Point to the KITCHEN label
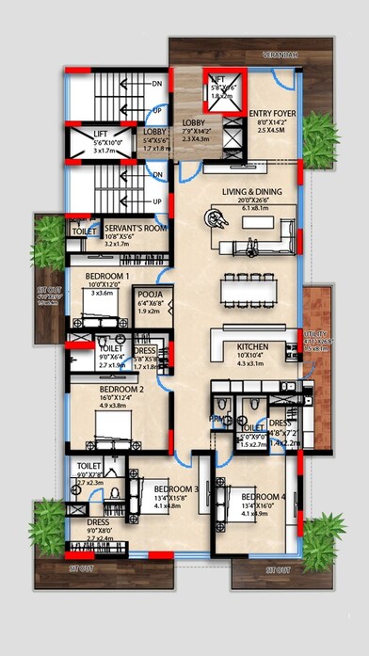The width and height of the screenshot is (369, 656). (253, 347)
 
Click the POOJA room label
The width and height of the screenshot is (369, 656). (149, 295)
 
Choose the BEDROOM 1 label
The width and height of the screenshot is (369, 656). (107, 276)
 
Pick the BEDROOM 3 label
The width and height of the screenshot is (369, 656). (176, 489)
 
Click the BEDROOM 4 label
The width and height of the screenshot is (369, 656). (263, 497)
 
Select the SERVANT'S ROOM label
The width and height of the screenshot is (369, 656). (136, 229)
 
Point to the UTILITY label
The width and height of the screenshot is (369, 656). (315, 334)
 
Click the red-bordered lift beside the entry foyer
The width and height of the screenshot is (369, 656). (219, 93)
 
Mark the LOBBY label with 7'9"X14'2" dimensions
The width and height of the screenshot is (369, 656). (195, 123)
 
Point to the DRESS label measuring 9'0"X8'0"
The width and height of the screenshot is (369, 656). (98, 521)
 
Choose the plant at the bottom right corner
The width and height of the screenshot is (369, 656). (326, 537)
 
